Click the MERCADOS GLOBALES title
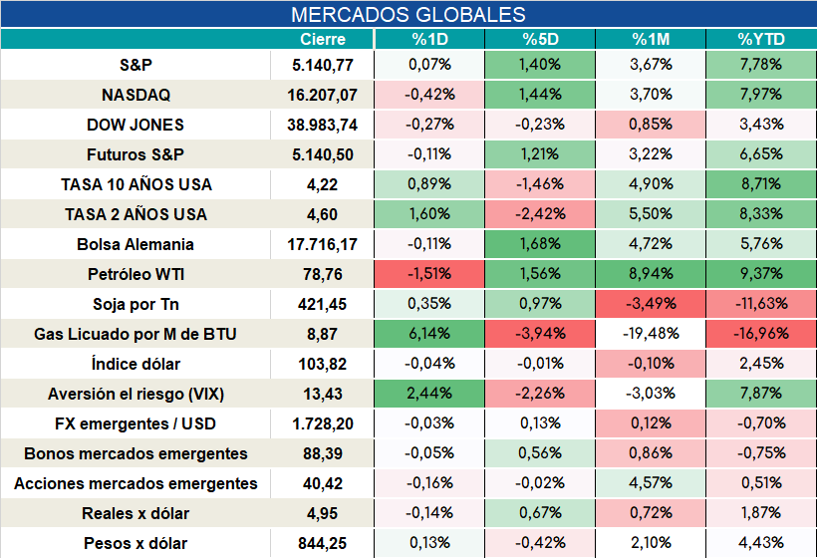pyautogui.click(x=408, y=15)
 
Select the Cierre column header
pyautogui.click(x=323, y=39)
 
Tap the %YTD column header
pyautogui.click(x=761, y=39)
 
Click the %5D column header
pyautogui.click(x=540, y=39)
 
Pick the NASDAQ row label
pyautogui.click(x=136, y=95)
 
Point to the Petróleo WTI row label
pyautogui.click(x=136, y=274)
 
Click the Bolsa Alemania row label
pyautogui.click(x=136, y=244)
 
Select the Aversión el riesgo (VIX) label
pyautogui.click(x=136, y=394)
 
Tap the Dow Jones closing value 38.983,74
pyautogui.click(x=322, y=125)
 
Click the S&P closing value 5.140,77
pyautogui.click(x=323, y=65)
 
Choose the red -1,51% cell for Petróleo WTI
pyautogui.click(x=429, y=274)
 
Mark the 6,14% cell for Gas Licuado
pyautogui.click(x=429, y=334)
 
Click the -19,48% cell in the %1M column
pyautogui.click(x=651, y=334)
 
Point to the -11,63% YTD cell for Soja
pyautogui.click(x=761, y=303)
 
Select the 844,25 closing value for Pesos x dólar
pyautogui.click(x=322, y=544)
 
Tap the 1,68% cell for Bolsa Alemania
pyautogui.click(x=540, y=244)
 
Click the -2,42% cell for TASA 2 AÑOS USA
pyautogui.click(x=540, y=213)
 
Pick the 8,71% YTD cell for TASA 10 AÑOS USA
pyautogui.click(x=761, y=184)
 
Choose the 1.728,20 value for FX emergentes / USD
pyautogui.click(x=323, y=424)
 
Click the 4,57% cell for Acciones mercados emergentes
pyautogui.click(x=651, y=483)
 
